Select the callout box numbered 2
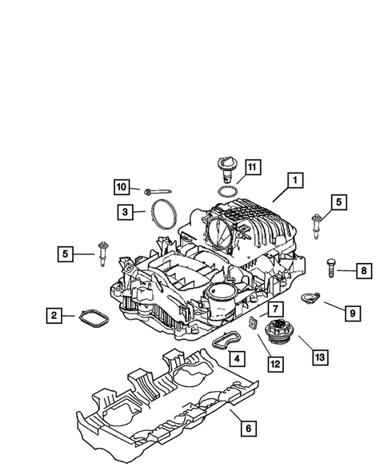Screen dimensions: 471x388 click(x=54, y=316)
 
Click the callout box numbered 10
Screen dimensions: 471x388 click(x=122, y=187)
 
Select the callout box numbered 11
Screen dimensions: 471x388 click(x=252, y=166)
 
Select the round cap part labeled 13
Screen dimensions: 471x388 click(x=280, y=329)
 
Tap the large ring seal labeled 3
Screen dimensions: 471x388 click(x=164, y=215)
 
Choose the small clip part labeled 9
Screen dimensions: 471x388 click(x=308, y=299)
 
